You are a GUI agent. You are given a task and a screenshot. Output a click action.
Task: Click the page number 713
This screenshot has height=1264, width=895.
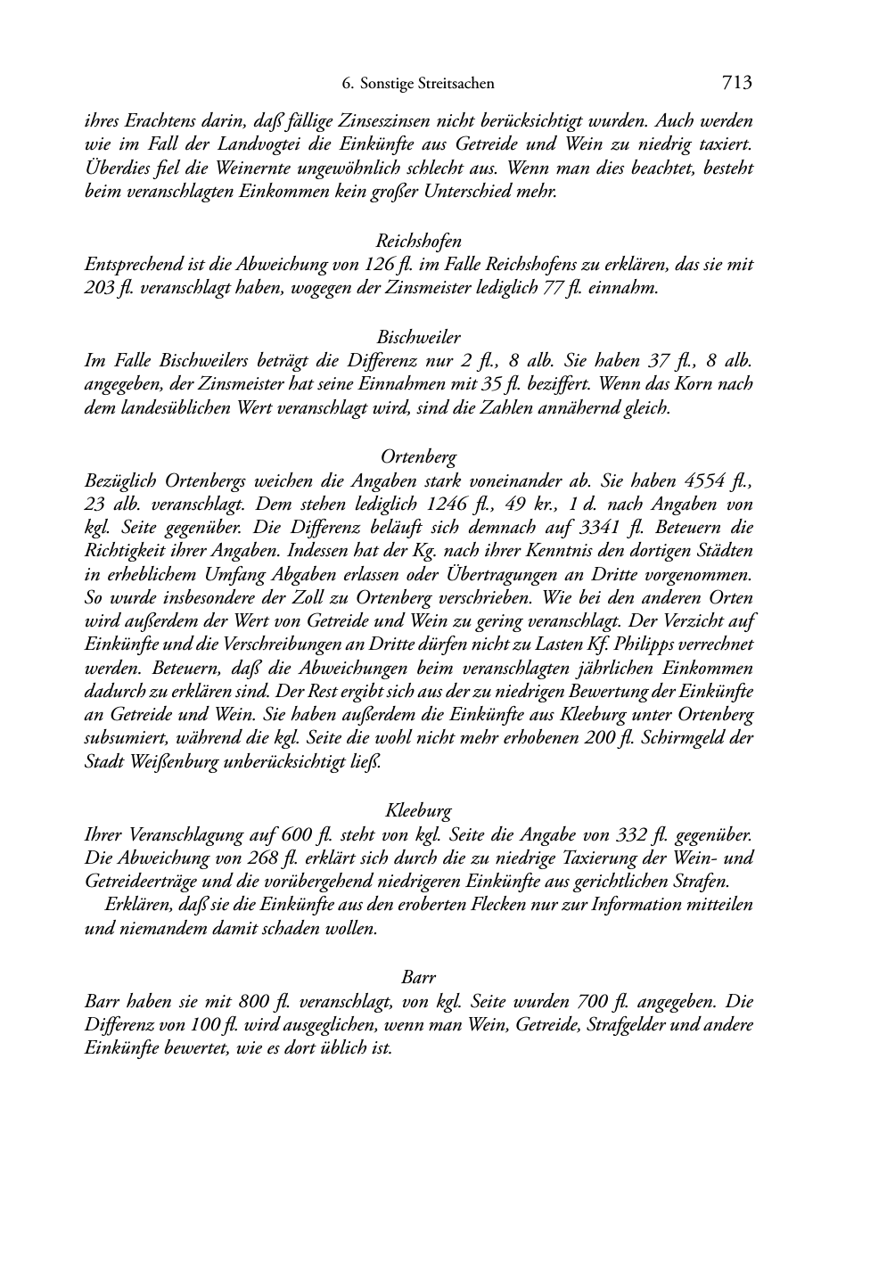pos(737,84)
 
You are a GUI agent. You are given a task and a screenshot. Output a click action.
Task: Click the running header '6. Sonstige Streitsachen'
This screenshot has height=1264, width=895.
pos(418,85)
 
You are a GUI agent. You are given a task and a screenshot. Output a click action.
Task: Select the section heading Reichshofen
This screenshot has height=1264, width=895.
pos(419,241)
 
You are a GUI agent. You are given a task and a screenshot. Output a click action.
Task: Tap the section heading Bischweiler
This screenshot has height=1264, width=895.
pos(419,338)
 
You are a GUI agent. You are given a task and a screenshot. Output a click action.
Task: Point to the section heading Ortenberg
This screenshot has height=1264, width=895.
pos(419,457)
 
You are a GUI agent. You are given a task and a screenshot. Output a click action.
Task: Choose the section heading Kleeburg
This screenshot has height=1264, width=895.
pos(419,811)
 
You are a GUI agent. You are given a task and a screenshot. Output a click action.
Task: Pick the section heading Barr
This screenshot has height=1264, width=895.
pos(419,978)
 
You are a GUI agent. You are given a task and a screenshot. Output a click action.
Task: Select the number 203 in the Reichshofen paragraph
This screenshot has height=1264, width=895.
pos(98,289)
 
